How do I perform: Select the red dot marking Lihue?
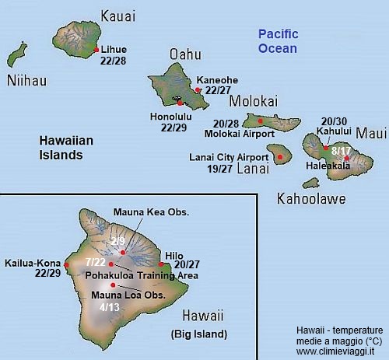[x=96, y=50]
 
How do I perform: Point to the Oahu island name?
[x=185, y=54]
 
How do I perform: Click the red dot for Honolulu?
[x=180, y=103]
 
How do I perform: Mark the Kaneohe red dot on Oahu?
[x=198, y=90]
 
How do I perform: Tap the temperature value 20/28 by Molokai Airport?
[x=225, y=124]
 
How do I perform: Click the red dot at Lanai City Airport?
[x=279, y=156]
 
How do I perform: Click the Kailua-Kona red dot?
[x=67, y=265]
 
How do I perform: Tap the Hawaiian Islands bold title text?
[x=67, y=148]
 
